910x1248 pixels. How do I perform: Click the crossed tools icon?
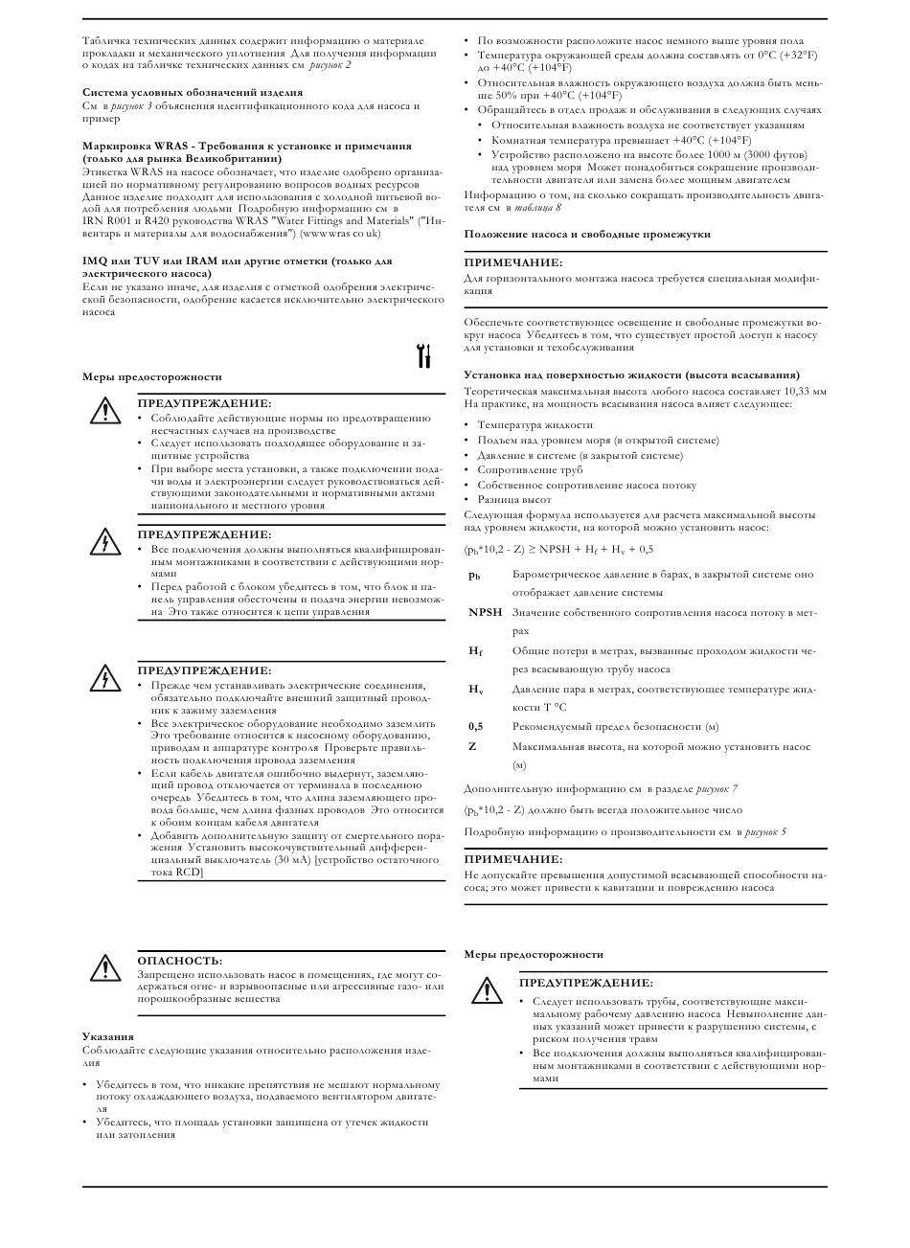tap(424, 356)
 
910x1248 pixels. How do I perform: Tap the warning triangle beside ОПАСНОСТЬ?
tap(102, 968)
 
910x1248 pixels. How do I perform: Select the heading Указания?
tap(107, 1037)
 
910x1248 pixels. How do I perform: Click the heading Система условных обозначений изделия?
tap(193, 92)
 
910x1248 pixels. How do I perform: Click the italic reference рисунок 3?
tap(131, 105)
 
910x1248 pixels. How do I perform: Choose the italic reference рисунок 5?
tap(764, 831)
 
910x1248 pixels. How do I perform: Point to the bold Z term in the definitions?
tap(472, 746)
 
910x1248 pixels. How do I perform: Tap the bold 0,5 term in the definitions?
tap(476, 726)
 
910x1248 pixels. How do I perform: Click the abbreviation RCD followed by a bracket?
tap(188, 873)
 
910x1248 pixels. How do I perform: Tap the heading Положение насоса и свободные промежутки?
tap(587, 234)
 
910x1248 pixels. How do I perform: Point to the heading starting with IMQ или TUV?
tap(237, 261)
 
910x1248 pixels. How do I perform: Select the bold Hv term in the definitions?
tap(475, 690)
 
